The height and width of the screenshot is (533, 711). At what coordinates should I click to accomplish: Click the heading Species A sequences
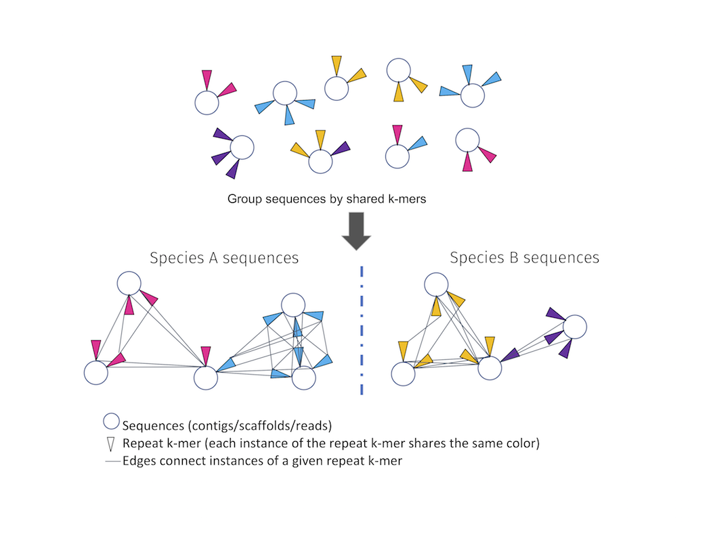tap(224, 258)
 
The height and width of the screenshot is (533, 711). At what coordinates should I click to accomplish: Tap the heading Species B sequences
tap(524, 258)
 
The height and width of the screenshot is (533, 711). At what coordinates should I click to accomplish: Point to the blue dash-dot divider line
tap(362, 331)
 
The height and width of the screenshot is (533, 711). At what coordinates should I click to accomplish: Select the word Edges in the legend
tap(139, 463)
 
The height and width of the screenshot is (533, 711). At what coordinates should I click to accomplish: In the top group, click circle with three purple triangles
tap(242, 147)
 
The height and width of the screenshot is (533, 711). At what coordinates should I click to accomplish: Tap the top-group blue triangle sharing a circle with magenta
tap(418, 143)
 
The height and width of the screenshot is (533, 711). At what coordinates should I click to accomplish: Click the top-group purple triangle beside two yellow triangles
tap(341, 148)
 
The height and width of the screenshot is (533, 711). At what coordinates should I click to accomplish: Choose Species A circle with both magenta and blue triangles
tap(206, 377)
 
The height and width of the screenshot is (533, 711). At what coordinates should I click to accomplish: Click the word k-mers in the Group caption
tap(406, 200)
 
